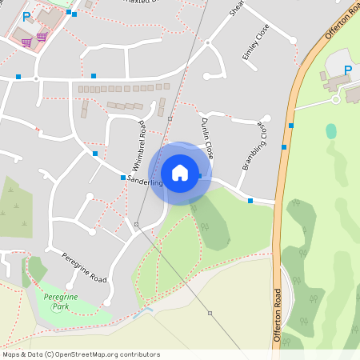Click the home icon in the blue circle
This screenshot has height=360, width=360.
180,173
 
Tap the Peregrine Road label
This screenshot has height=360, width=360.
84,266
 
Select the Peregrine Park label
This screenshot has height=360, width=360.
55,301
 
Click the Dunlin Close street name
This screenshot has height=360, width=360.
206,137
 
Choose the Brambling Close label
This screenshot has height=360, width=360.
254,146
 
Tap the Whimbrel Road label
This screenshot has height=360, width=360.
137,147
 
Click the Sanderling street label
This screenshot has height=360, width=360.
145,183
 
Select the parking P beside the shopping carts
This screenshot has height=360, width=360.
26,16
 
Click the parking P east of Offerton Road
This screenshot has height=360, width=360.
347,70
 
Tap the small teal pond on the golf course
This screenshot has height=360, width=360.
331,130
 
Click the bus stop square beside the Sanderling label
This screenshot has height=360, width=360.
122,178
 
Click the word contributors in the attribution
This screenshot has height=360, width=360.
138,354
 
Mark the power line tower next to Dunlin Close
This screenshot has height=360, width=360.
170,118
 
